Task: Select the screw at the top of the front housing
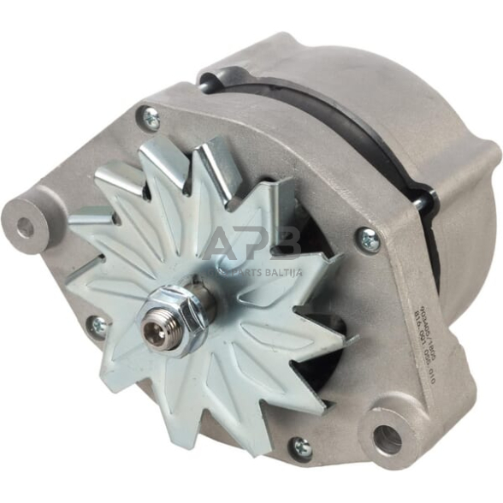pyautogui.click(x=151, y=120)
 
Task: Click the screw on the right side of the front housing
pyautogui.click(x=369, y=240)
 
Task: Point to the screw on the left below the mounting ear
pyautogui.click(x=99, y=326)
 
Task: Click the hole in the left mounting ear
pyautogui.click(x=27, y=227)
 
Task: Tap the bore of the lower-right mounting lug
pyautogui.click(x=387, y=440)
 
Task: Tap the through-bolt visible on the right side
pyautogui.click(x=421, y=203)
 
